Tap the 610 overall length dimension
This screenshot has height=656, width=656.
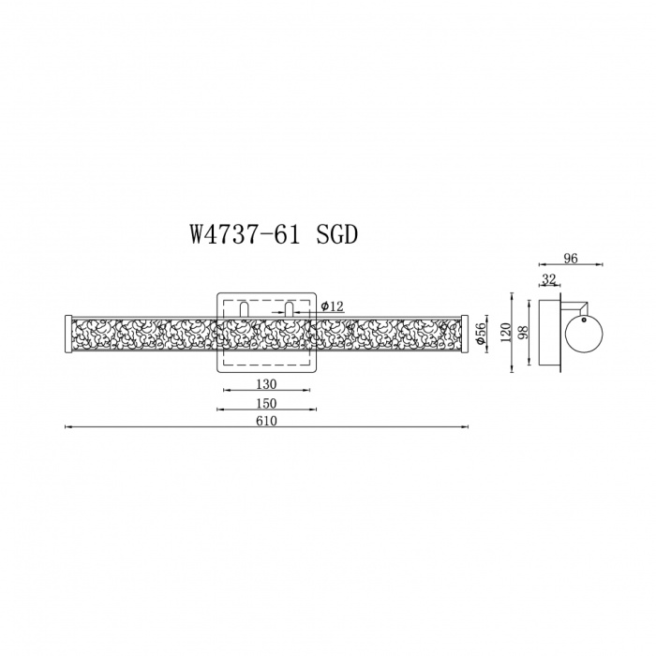pos(266,421)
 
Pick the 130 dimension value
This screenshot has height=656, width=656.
pos(265,384)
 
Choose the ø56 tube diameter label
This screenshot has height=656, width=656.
pos(480,335)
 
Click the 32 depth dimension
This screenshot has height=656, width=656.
pos(548,279)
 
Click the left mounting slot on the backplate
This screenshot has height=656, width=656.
pos(243,309)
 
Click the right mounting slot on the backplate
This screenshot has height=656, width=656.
pos(290,309)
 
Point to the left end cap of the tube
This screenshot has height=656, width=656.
pos(66,335)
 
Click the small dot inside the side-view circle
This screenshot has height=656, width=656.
pos(584,319)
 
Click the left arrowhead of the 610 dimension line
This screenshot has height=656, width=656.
pos(66,427)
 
